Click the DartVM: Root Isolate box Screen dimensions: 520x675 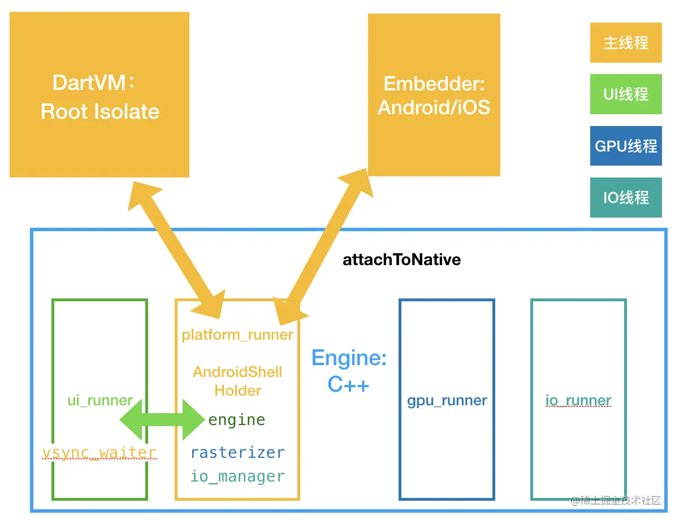pos(99,95)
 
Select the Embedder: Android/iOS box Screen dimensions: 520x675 pos(434,95)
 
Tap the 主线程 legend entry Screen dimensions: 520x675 pos(625,43)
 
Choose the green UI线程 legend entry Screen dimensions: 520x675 pos(625,94)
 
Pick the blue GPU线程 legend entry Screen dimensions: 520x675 pos(625,146)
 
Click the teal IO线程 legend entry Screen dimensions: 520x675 pos(625,198)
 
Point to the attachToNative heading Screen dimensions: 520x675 pos(401,260)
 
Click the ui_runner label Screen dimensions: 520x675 pos(99,401)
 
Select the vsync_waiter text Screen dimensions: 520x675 pos(99,452)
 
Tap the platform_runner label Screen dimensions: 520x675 pos(237,335)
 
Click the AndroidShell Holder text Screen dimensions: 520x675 pos(237,381)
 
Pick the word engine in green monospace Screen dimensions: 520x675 pos(237,420)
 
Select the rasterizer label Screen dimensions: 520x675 pos(237,453)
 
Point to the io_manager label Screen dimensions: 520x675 pos(237,476)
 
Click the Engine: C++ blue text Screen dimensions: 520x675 pos(349,371)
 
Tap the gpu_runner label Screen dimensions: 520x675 pos(447,401)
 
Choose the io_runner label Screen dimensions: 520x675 pos(578,401)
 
